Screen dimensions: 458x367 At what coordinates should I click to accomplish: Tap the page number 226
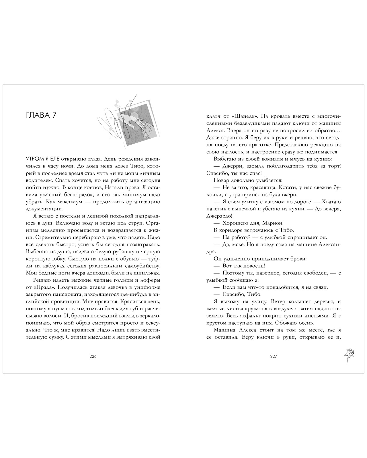click(93, 356)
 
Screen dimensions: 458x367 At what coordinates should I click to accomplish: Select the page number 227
click(274, 356)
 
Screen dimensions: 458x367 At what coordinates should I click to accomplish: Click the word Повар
click(221, 180)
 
